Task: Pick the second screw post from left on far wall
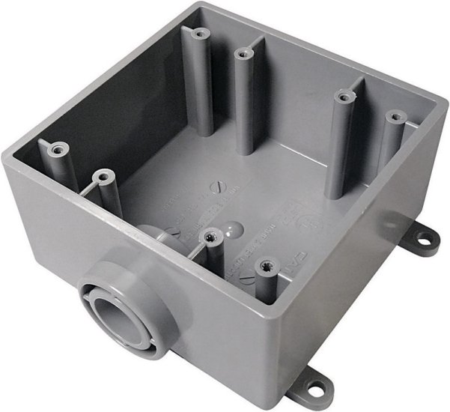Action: click(241, 53)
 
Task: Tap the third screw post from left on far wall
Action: click(343, 95)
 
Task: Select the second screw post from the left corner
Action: click(101, 177)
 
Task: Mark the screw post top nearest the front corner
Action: click(264, 265)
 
